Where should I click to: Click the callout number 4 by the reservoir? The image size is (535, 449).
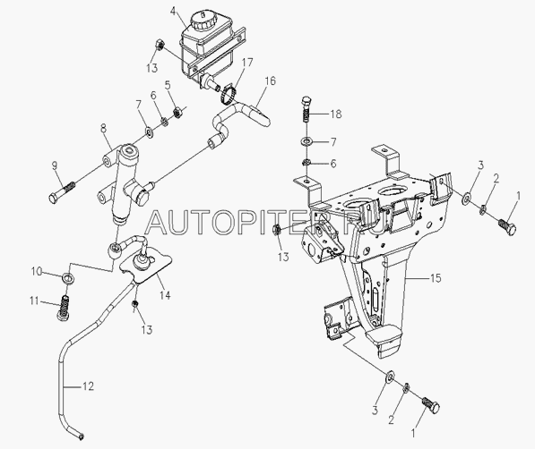click(x=174, y=12)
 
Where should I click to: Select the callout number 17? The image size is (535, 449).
click(x=247, y=63)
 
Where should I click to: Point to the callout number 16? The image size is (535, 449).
click(x=270, y=81)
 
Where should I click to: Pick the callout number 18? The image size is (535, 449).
click(x=336, y=114)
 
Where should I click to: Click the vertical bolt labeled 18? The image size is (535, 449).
click(x=306, y=108)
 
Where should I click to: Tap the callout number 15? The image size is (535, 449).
click(x=436, y=278)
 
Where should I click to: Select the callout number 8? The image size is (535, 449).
click(x=103, y=128)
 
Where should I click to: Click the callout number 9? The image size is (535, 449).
click(x=55, y=165)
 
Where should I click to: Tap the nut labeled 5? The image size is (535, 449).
click(x=177, y=112)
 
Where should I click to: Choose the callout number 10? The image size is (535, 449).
click(x=37, y=272)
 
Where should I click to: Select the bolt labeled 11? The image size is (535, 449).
click(x=65, y=308)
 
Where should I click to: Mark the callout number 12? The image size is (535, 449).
click(x=88, y=386)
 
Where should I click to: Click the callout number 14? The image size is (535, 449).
click(x=165, y=295)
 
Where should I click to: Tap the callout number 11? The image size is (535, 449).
click(x=34, y=301)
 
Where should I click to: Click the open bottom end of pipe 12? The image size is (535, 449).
click(x=82, y=436)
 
